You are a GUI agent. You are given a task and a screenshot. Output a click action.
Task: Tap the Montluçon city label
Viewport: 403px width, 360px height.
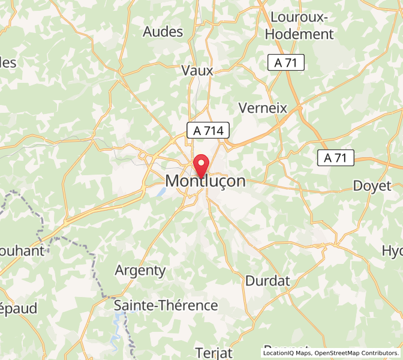tap(205, 181)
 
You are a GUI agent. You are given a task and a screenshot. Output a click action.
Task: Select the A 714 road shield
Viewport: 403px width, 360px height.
tap(208, 130)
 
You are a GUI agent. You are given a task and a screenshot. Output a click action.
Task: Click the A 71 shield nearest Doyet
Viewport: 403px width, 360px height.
tap(336, 158)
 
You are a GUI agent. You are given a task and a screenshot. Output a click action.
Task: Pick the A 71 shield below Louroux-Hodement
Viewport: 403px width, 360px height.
tap(286, 62)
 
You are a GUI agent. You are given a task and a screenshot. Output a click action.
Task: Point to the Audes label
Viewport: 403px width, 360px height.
tap(163, 32)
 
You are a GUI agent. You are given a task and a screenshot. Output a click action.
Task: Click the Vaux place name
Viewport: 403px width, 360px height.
tap(197, 70)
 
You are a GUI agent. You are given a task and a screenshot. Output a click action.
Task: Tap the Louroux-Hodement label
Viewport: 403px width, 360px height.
tap(299, 26)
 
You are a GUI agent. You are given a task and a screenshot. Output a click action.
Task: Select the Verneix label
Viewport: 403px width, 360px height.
tap(263, 108)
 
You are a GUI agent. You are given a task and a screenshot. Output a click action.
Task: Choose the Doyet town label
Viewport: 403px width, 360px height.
tap(372, 185)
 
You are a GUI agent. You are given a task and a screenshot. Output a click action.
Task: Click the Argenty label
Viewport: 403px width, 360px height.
tap(140, 270)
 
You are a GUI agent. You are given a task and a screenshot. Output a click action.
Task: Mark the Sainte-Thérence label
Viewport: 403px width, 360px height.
tap(166, 305)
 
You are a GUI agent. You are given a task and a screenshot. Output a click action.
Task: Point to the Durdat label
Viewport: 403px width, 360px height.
tap(267, 280)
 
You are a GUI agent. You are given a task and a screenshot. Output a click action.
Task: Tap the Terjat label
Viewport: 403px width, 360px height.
tap(213, 352)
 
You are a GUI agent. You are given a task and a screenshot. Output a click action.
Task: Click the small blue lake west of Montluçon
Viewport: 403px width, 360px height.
tap(161, 193)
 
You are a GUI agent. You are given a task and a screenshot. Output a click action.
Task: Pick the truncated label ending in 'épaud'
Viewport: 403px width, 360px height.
tap(18, 308)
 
